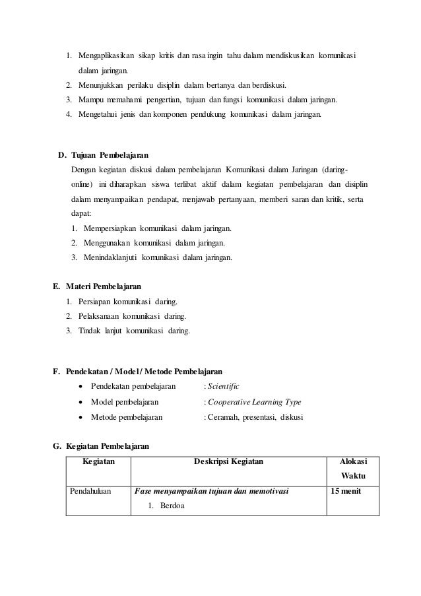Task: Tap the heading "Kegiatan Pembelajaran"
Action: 110,447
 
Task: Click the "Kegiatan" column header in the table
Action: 98,462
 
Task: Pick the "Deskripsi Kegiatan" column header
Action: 228,462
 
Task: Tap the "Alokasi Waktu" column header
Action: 352,469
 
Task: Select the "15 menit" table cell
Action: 346,492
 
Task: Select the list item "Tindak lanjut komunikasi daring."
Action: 133,331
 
